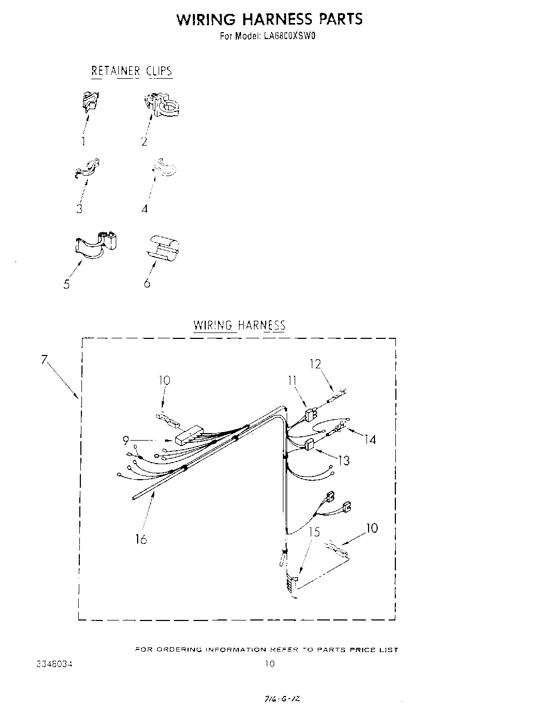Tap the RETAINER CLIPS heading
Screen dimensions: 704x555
point(132,71)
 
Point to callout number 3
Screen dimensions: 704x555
point(79,209)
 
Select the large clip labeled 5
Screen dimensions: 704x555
point(95,244)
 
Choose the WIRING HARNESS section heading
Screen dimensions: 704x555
point(239,325)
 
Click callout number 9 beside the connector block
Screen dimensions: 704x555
point(126,441)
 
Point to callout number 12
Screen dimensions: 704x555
point(315,364)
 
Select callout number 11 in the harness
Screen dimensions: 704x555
point(292,381)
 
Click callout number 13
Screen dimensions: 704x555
point(343,460)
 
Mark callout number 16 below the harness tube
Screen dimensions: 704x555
point(141,539)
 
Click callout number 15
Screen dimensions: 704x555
point(314,532)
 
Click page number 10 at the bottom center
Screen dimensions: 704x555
point(269,664)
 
